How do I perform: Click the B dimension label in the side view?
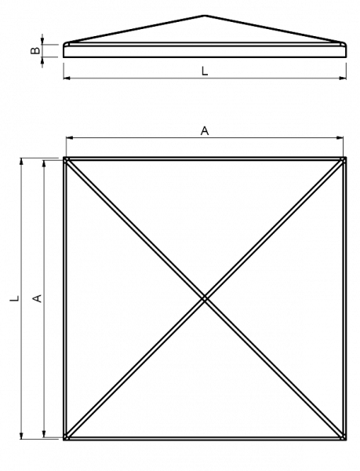(35, 50)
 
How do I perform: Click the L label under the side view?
(205, 71)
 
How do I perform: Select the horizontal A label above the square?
(205, 131)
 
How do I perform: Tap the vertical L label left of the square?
(15, 298)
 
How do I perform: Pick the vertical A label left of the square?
(37, 298)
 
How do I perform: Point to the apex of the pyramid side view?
(205, 16)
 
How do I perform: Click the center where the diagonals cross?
(205, 298)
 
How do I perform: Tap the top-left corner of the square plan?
(64, 157)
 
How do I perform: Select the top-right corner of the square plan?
(346, 157)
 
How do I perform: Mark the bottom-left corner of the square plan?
(64, 440)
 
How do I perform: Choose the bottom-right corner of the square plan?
(346, 440)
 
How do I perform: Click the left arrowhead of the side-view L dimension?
(67, 78)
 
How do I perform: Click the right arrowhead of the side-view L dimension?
(343, 78)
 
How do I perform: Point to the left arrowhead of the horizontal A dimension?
(69, 138)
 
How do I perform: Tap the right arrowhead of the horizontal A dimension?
(340, 138)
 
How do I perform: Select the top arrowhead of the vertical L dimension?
(21, 161)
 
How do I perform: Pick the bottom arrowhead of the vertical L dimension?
(21, 436)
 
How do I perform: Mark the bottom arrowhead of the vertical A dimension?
(44, 434)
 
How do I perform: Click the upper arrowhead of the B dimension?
(42, 41)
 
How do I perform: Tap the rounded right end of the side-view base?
(346, 50)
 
